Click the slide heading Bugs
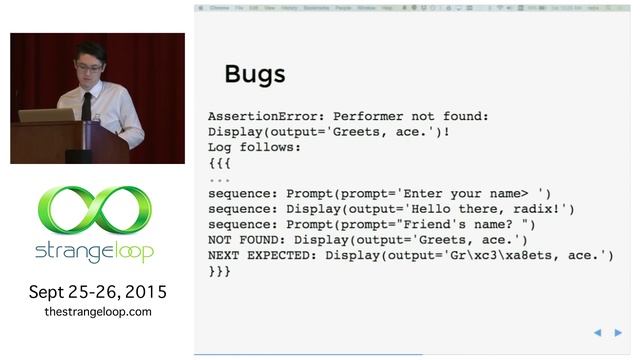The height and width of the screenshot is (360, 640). coord(255,74)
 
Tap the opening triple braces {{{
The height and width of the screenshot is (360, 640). coord(220,162)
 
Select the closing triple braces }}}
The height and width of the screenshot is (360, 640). coord(220,271)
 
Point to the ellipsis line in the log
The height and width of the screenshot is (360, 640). coord(220,178)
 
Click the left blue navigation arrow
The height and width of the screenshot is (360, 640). coord(597,332)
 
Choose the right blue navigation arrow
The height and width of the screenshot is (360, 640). coord(619,332)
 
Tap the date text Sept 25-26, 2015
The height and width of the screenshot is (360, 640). coord(98,293)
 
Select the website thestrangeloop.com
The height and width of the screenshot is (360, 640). coord(98,312)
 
